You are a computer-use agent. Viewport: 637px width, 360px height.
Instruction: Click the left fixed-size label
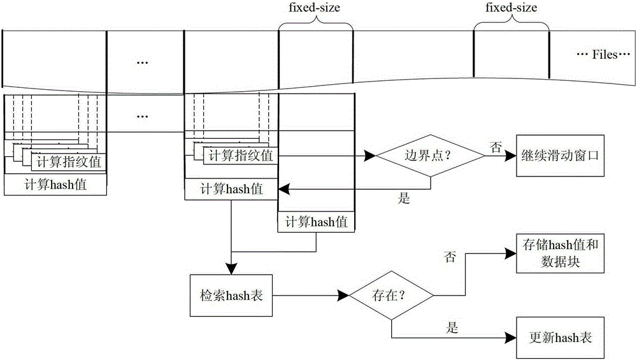pyautogui.click(x=316, y=9)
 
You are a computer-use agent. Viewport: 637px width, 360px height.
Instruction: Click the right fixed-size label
pyautogui.click(x=511, y=9)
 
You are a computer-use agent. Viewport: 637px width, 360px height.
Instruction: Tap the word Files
pyautogui.click(x=605, y=55)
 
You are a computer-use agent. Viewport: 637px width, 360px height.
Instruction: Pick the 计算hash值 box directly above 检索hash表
pyautogui.click(x=231, y=189)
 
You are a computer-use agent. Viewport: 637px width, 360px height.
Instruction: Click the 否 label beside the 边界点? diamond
pyautogui.click(x=494, y=146)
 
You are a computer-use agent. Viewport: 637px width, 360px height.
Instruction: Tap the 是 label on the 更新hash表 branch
pyautogui.click(x=450, y=329)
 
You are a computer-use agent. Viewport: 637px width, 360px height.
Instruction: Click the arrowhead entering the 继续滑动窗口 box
pyautogui.click(x=510, y=155)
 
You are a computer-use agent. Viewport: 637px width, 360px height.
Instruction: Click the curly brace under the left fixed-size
pyautogui.click(x=315, y=25)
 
